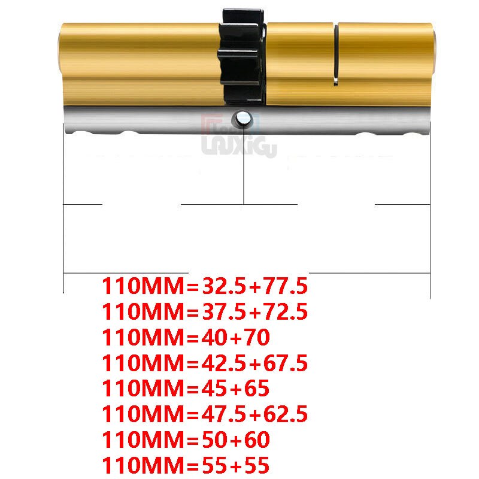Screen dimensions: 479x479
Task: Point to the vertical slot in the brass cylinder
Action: (x=336, y=54)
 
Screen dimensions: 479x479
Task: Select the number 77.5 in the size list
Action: (x=283, y=286)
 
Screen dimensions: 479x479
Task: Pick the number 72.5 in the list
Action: (x=283, y=312)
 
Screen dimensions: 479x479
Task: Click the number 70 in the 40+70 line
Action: (x=254, y=338)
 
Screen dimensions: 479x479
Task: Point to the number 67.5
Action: (x=283, y=363)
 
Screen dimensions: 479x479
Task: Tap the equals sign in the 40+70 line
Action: (x=192, y=338)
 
